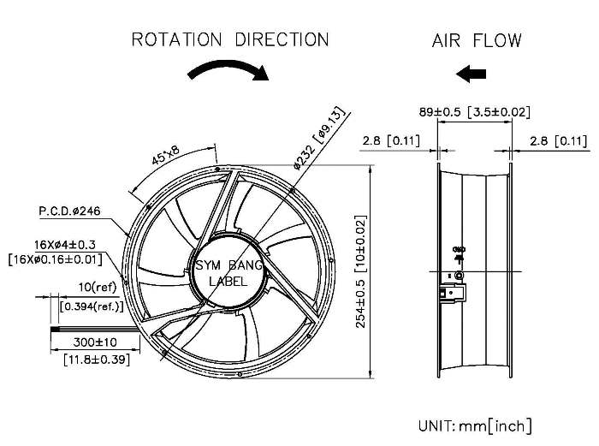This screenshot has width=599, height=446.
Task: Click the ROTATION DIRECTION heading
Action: (x=229, y=39)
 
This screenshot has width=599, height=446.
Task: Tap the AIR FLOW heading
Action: (x=477, y=40)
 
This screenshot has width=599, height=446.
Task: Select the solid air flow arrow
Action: (x=471, y=74)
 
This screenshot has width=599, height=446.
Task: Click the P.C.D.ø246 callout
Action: (x=69, y=210)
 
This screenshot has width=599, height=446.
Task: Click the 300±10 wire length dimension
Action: (x=97, y=342)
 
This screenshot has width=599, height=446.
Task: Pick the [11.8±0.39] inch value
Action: (x=97, y=360)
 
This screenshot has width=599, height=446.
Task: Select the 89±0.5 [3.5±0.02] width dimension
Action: (x=475, y=111)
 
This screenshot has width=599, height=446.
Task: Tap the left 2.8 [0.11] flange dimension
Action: (x=389, y=140)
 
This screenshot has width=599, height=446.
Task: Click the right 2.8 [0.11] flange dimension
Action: (x=558, y=140)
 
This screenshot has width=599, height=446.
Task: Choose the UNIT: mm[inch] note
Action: (x=475, y=425)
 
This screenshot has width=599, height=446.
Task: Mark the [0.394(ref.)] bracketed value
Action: (x=91, y=306)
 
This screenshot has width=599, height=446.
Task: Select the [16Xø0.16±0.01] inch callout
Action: (x=55, y=259)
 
